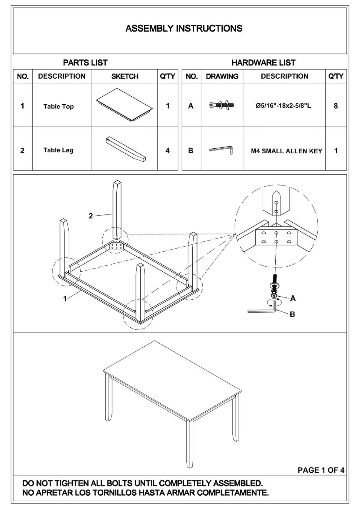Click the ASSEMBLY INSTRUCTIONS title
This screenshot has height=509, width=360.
tap(184, 29)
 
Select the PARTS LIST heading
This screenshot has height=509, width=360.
tap(85, 63)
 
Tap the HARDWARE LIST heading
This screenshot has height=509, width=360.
tap(263, 63)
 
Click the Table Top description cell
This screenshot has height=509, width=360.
tap(59, 106)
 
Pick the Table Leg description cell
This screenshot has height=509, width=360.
tap(59, 150)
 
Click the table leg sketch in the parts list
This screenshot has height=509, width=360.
tap(126, 149)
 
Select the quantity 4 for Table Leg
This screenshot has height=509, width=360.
tap(168, 150)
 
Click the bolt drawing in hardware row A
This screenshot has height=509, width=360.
tap(222, 105)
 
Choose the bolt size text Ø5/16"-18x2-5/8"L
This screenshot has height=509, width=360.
tap(283, 105)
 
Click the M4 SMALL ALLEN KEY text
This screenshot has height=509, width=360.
tap(287, 151)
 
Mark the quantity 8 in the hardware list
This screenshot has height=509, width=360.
tap(336, 106)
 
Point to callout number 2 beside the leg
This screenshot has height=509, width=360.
tap(91, 216)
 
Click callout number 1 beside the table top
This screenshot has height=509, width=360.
tap(65, 299)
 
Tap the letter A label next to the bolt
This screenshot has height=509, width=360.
tap(293, 298)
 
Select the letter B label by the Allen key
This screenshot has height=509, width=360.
tap(292, 314)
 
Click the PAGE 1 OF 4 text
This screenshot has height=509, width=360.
tap(321, 470)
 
